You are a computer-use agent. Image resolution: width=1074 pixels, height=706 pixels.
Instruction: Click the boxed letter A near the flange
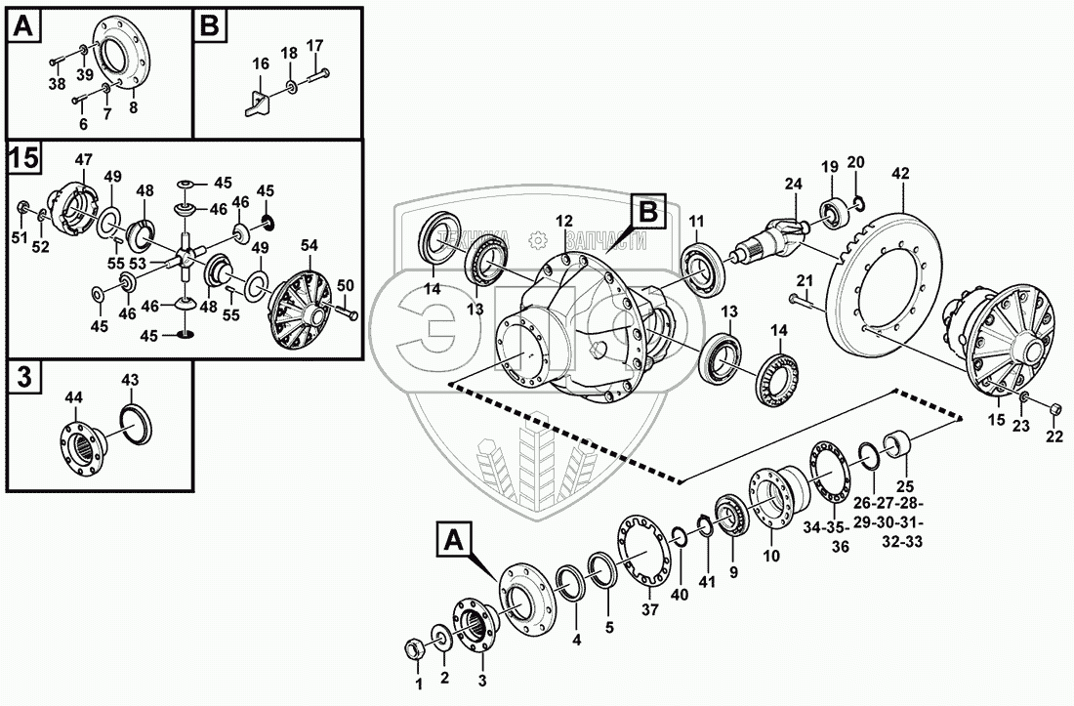point(450,538)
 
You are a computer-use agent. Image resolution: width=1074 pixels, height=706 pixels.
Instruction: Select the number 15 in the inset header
point(23,157)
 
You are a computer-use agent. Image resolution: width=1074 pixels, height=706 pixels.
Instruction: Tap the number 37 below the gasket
point(650,609)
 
